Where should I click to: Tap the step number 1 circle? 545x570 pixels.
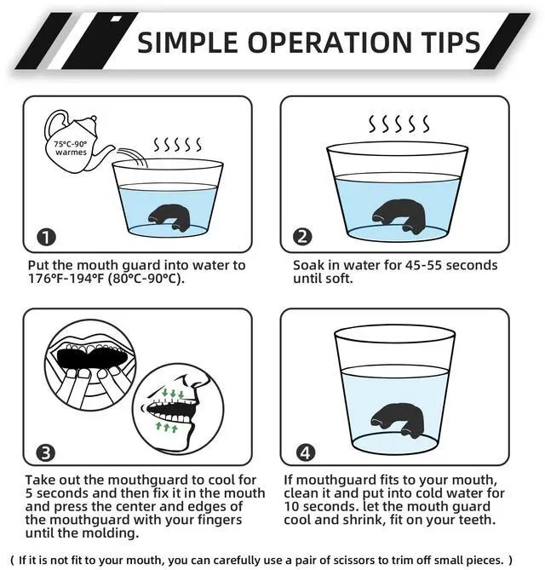46,237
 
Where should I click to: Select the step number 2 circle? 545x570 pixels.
302,237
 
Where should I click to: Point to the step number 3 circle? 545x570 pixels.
46,453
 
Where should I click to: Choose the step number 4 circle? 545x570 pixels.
305,452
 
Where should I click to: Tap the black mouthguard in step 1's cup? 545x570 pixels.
169,217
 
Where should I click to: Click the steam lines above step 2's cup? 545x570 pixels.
399,124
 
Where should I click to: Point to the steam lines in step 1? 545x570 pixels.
177,144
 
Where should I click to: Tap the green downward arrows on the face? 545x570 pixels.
173,394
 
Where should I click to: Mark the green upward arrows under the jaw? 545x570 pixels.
167,426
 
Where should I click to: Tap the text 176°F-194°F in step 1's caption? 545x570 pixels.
66,279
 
